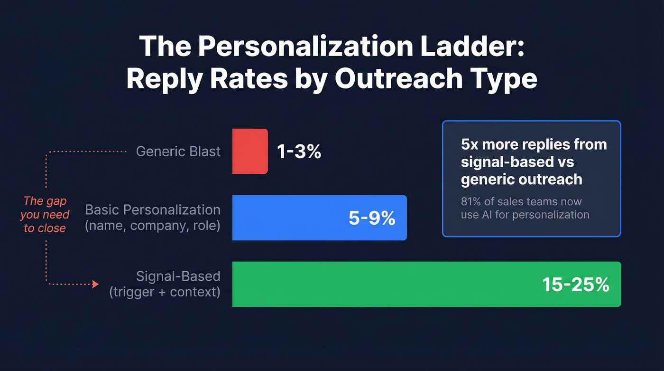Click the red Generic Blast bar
(250, 151)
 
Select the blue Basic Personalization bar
(319, 218)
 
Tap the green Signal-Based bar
(426, 284)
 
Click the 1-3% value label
(299, 152)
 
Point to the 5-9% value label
(371, 218)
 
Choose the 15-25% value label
(575, 285)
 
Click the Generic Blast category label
(178, 152)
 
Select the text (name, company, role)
(152, 225)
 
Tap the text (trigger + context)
(165, 291)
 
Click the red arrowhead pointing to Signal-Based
(95, 284)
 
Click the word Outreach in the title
(399, 79)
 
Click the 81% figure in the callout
(471, 202)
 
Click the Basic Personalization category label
(152, 210)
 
